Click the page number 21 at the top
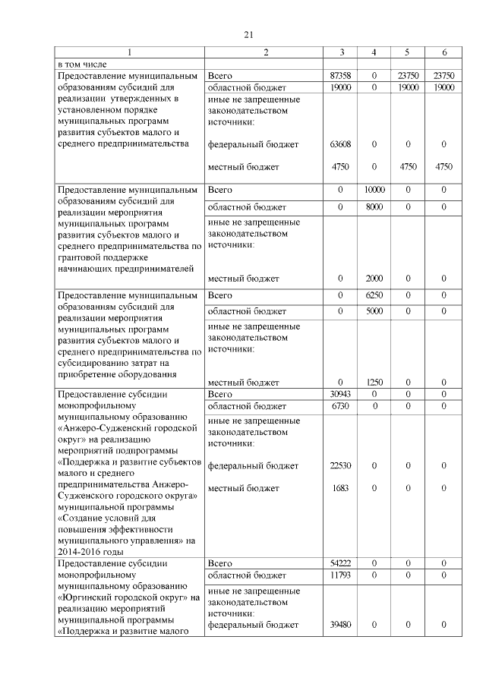coord(248,34)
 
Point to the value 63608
coord(340,143)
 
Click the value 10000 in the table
coord(374,189)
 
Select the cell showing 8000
coord(374,206)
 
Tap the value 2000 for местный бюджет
coord(374,279)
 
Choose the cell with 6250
coord(374,295)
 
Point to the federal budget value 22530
coord(340,465)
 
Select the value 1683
coord(340,487)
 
